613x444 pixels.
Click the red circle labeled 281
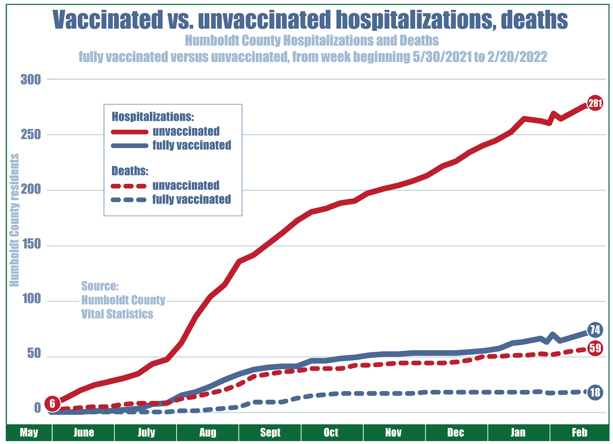click(595, 103)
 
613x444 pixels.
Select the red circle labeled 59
click(595, 348)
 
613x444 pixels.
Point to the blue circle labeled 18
click(595, 392)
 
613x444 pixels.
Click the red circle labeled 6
click(52, 404)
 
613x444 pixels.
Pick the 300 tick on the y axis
click(31, 80)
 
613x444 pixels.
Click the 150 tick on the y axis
click(31, 245)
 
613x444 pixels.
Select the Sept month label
click(270, 432)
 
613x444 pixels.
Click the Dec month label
click(456, 432)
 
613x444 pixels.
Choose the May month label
click(29, 432)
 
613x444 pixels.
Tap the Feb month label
click(580, 432)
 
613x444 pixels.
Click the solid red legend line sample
click(130, 132)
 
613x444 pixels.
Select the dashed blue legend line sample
click(129, 200)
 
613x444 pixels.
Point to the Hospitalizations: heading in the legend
click(153, 117)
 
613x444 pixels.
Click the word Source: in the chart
click(100, 286)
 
